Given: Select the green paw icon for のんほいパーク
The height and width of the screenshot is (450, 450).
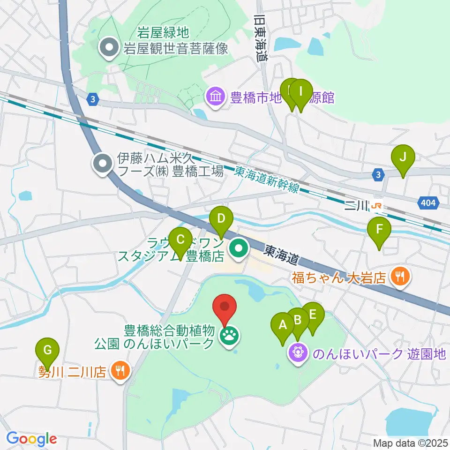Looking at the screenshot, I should pos(230,335).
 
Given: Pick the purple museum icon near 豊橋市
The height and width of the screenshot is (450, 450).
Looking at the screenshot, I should pos(216,97).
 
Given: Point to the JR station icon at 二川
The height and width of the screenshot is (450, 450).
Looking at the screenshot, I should pos(376,205).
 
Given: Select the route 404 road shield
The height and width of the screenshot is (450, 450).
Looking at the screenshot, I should pos(428,202).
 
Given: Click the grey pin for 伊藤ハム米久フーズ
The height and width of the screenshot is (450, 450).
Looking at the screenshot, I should pos(102,164).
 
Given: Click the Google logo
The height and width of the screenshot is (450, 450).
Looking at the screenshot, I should pos(31,439).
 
